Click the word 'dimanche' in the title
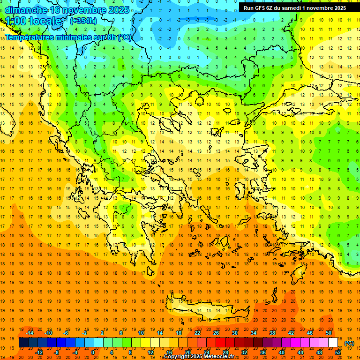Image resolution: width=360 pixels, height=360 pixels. coord(26,10)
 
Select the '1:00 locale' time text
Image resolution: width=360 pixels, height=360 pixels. coord(33,21)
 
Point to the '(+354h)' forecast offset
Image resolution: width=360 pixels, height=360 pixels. coord(83,21)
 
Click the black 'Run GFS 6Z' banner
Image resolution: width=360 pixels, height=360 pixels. coord(294,7)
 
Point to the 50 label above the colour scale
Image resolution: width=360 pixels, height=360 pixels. coord(329,333)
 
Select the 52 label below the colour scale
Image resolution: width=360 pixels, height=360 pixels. coord(338,352)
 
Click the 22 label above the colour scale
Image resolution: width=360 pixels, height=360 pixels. coord(197,333)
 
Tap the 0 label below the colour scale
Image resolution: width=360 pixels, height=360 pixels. coord(93,352)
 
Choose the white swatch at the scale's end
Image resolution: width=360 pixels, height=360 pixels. coord(333,343)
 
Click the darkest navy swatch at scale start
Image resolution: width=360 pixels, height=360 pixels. coord(23,343)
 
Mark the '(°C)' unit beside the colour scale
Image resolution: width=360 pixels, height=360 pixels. coord(349,343)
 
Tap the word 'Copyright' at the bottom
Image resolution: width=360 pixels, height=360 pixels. coord(177,357)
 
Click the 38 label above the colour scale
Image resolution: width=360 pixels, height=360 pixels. coord(272,333)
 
